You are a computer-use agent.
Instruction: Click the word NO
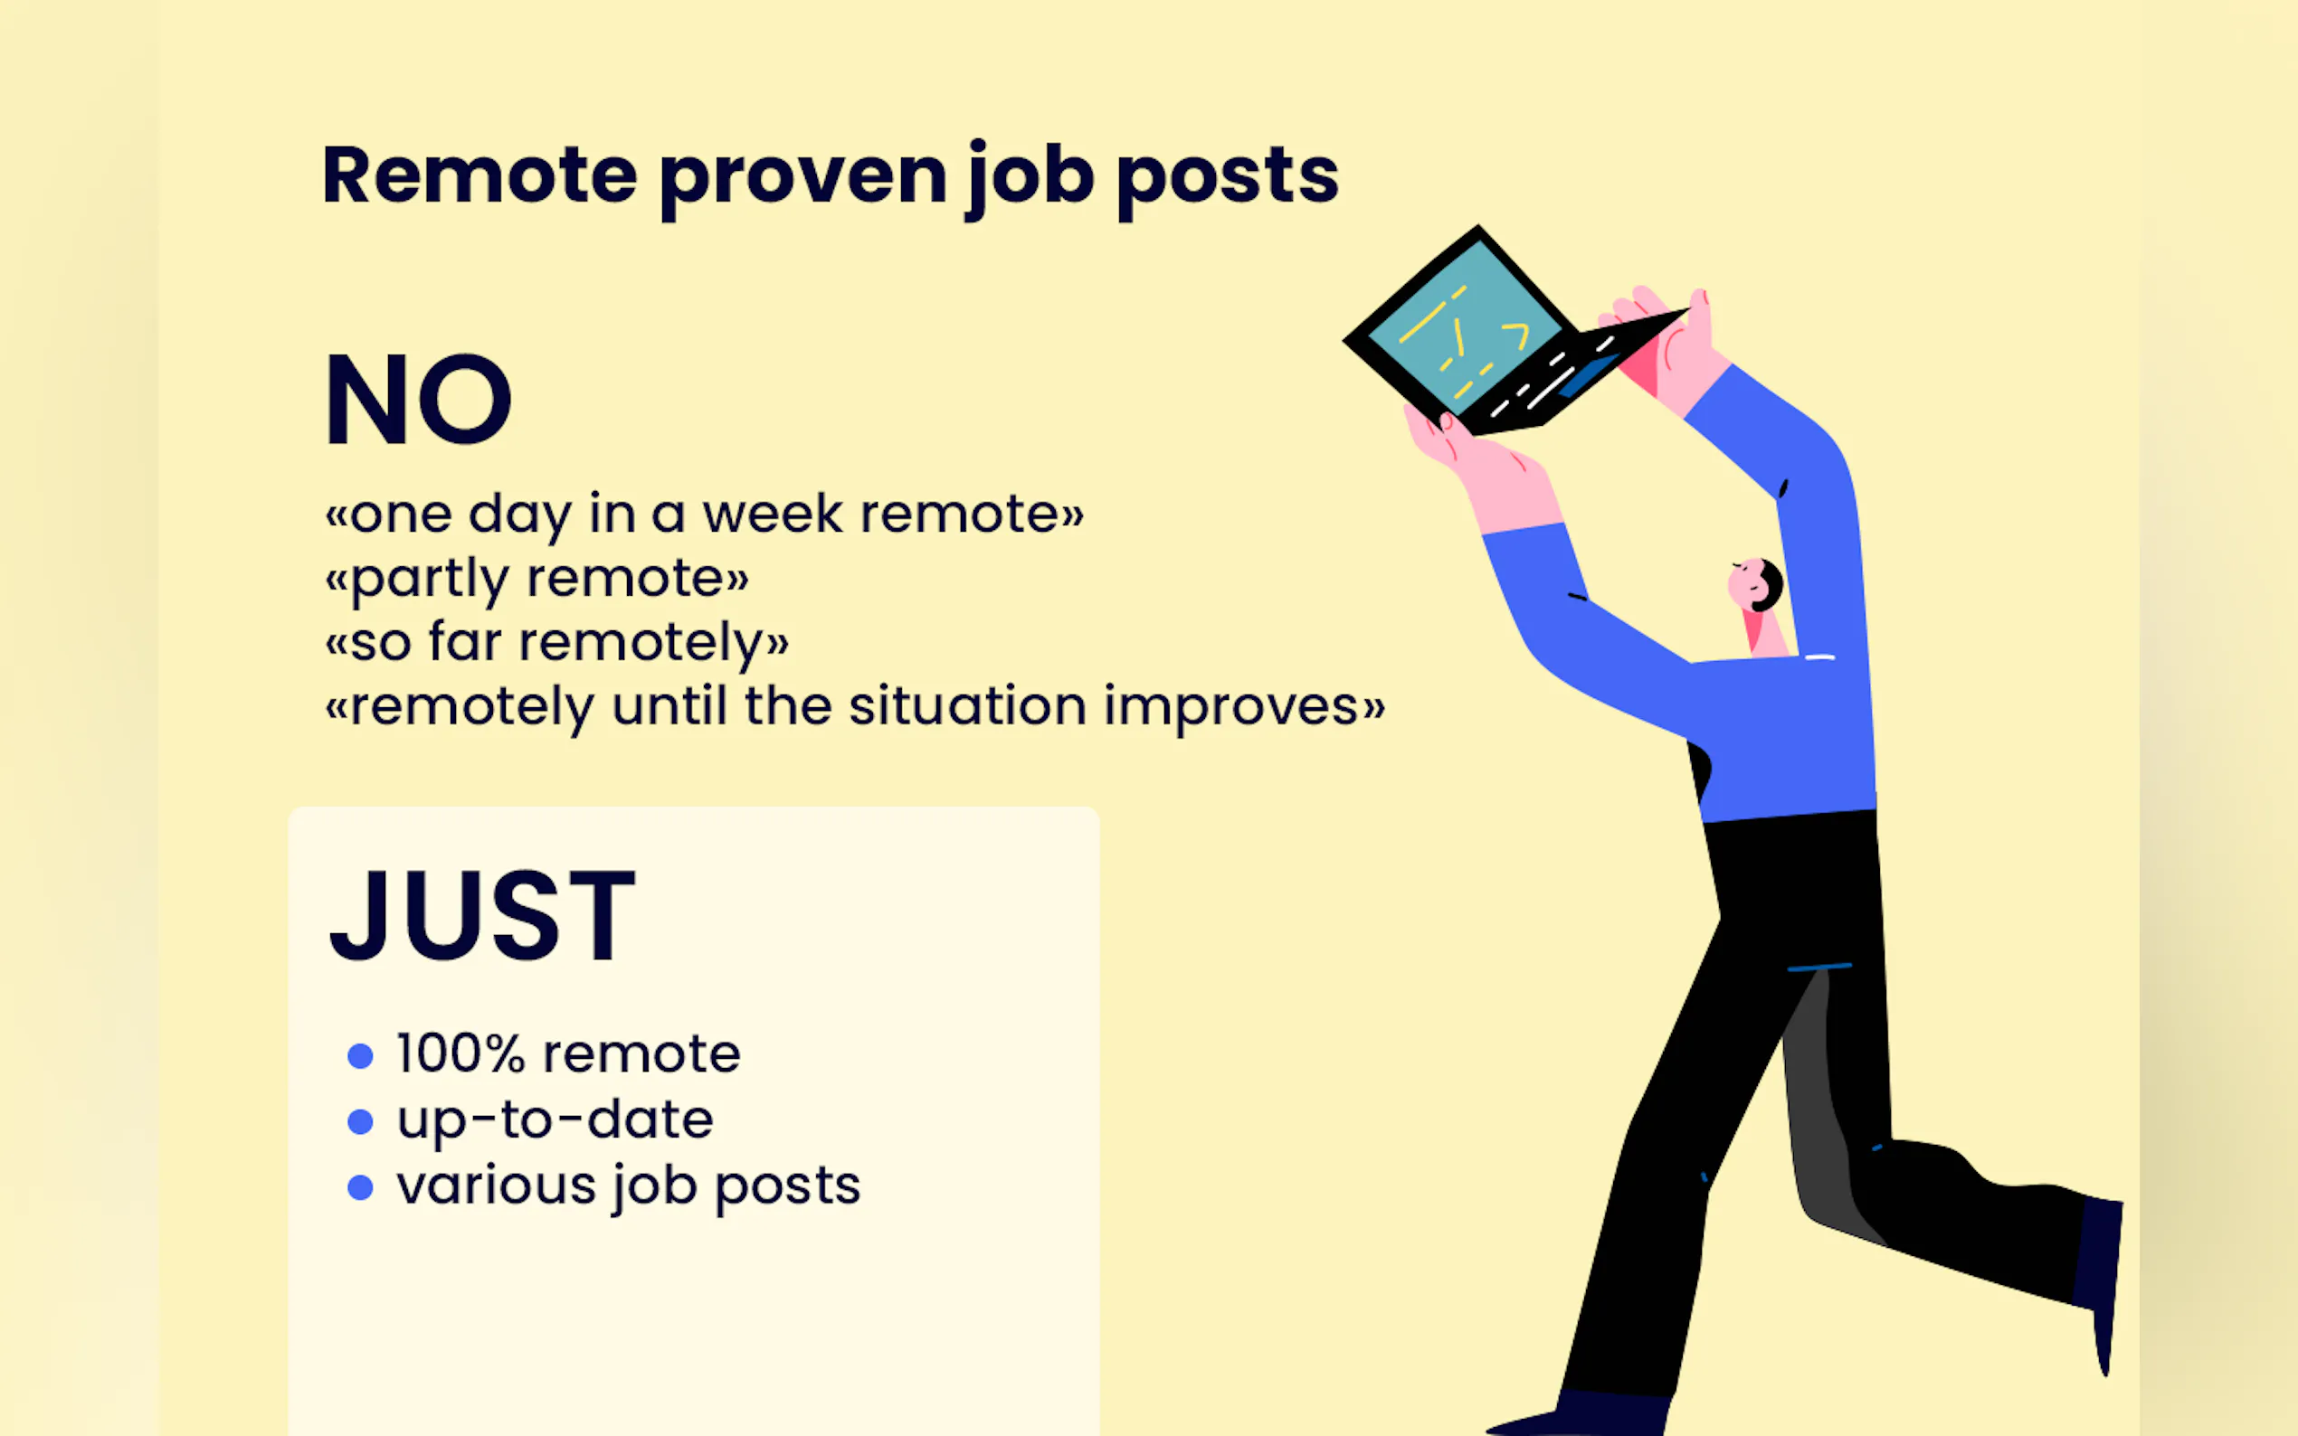coord(418,399)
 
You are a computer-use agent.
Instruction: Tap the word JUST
coord(482,915)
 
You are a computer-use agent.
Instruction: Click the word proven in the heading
coord(802,179)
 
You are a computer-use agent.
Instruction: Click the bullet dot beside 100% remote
coord(360,1055)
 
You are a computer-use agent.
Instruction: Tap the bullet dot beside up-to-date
coord(360,1121)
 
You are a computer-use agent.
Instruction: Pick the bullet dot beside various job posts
coord(360,1187)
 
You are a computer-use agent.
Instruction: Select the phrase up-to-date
coord(556,1121)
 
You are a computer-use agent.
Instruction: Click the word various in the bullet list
coord(496,1186)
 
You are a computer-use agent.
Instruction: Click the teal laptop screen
coord(1464,326)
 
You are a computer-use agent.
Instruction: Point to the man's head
coord(1755,584)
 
